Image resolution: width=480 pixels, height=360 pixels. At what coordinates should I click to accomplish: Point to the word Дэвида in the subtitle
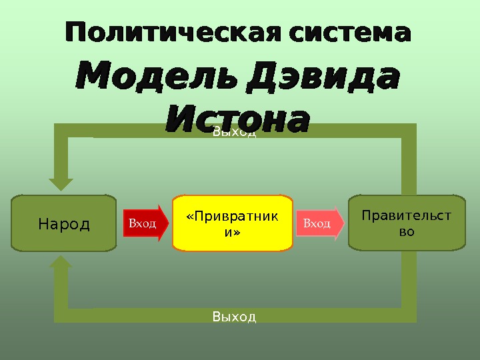click(x=323, y=79)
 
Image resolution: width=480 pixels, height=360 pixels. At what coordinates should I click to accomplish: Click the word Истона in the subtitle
click(x=237, y=120)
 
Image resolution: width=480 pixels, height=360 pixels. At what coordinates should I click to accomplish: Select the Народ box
click(x=64, y=223)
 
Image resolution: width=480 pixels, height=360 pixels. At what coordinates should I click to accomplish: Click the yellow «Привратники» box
click(x=233, y=223)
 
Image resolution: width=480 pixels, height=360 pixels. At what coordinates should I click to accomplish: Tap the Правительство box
click(x=407, y=223)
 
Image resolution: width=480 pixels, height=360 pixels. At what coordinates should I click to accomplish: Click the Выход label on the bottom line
click(x=234, y=316)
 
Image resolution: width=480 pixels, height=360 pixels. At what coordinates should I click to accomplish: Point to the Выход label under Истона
click(x=234, y=133)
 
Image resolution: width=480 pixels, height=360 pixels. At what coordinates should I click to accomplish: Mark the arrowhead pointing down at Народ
click(x=61, y=183)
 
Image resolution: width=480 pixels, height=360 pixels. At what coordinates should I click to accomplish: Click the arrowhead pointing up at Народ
click(x=61, y=264)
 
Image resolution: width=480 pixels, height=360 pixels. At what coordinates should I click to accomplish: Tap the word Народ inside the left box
click(x=64, y=224)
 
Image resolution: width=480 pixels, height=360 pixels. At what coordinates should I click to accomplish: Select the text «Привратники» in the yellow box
click(x=232, y=224)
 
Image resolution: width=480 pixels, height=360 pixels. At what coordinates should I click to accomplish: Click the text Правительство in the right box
click(x=406, y=223)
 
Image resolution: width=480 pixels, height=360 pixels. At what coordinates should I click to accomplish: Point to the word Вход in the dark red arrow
click(x=142, y=223)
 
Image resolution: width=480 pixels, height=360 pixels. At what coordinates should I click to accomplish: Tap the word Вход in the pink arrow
click(x=317, y=223)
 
